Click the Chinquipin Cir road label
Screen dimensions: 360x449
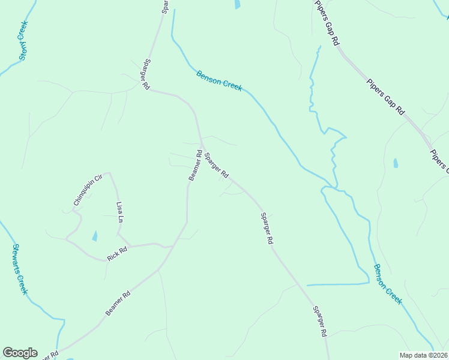(x=85, y=190)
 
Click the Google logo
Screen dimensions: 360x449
(x=20, y=352)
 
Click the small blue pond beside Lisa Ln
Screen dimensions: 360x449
(x=94, y=236)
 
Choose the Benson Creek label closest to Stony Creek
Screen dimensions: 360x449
(x=219, y=80)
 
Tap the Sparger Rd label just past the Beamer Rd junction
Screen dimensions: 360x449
(x=216, y=166)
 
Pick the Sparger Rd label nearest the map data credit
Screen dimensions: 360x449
(x=320, y=321)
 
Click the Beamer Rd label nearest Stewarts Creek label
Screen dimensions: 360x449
(x=118, y=304)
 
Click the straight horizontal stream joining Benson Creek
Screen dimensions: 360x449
(x=336, y=284)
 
